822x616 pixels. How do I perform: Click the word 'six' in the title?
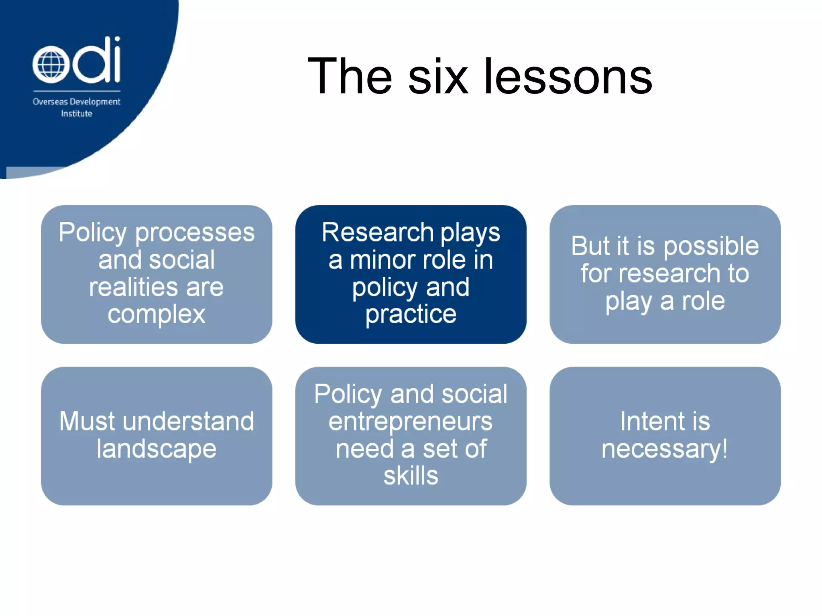point(438,76)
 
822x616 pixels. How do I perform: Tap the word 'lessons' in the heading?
point(568,76)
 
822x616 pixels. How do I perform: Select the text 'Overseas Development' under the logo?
point(76,102)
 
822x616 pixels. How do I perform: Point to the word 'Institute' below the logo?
point(76,114)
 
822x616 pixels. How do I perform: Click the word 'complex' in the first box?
point(157,314)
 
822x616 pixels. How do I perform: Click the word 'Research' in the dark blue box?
point(378,233)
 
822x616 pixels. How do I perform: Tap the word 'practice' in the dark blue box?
point(411,314)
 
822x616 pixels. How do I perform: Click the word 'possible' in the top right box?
point(711,246)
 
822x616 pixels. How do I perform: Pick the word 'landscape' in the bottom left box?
point(157,449)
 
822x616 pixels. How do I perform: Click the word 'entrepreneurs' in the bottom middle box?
point(411,421)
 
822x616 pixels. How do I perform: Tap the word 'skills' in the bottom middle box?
point(411,476)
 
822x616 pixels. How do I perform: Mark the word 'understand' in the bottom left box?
point(188,421)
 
